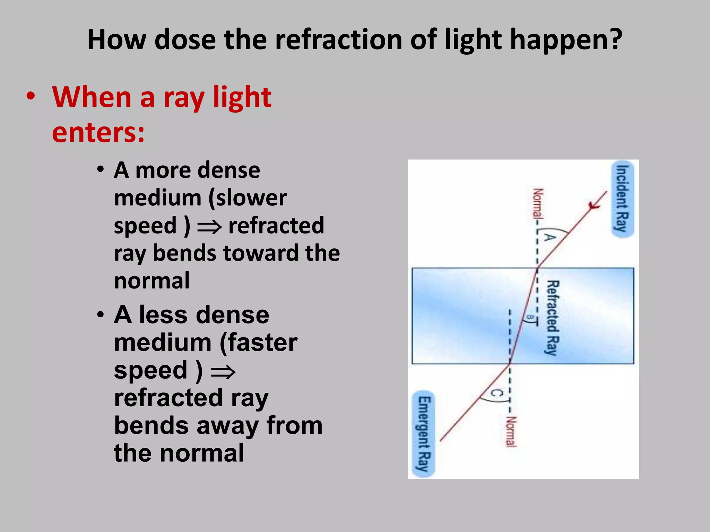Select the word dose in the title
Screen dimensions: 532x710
click(x=185, y=40)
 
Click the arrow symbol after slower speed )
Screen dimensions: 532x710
click(x=209, y=227)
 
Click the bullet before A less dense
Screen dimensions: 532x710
click(x=101, y=315)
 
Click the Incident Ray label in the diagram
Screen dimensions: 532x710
click(x=622, y=198)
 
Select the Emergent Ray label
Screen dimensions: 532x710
click(x=424, y=434)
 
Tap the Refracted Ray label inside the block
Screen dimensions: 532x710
click(x=553, y=318)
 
